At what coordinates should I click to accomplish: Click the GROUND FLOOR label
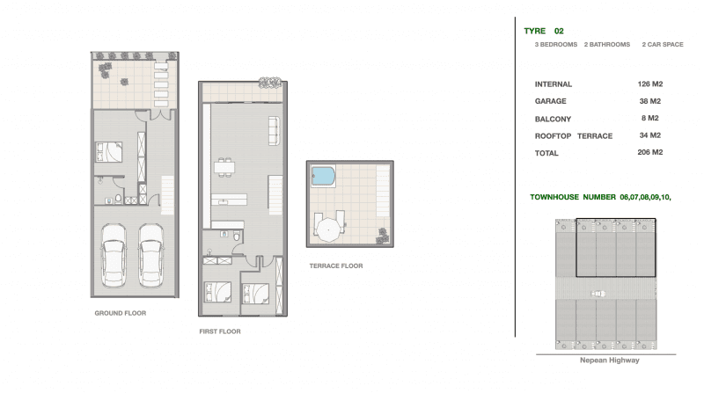pos(121,313)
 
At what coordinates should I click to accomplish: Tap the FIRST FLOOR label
pos(220,331)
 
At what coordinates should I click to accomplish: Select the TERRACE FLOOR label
pos(336,266)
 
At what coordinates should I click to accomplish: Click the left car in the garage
pos(114,255)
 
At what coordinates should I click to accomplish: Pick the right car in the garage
pos(150,255)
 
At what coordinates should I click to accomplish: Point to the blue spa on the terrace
pos(323,177)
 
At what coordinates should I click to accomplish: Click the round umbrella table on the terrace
pos(328,230)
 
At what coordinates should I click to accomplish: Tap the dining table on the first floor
pos(224,167)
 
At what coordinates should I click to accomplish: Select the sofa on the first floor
pos(274,130)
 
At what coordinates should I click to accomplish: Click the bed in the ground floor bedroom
pos(108,151)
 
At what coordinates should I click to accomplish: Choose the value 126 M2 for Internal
pos(650,84)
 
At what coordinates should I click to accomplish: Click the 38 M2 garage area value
pos(650,101)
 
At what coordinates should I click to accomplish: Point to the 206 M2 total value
pos(650,152)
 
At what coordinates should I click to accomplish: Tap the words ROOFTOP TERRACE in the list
pos(574,136)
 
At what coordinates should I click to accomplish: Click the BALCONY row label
pos(553,119)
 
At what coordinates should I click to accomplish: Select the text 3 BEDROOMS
pos(556,45)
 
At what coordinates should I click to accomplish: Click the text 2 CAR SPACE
pos(663,45)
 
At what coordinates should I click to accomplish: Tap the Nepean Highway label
pos(609,360)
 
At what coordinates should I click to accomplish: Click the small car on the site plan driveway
pos(598,294)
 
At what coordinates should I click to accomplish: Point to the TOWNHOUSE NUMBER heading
pos(573,197)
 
